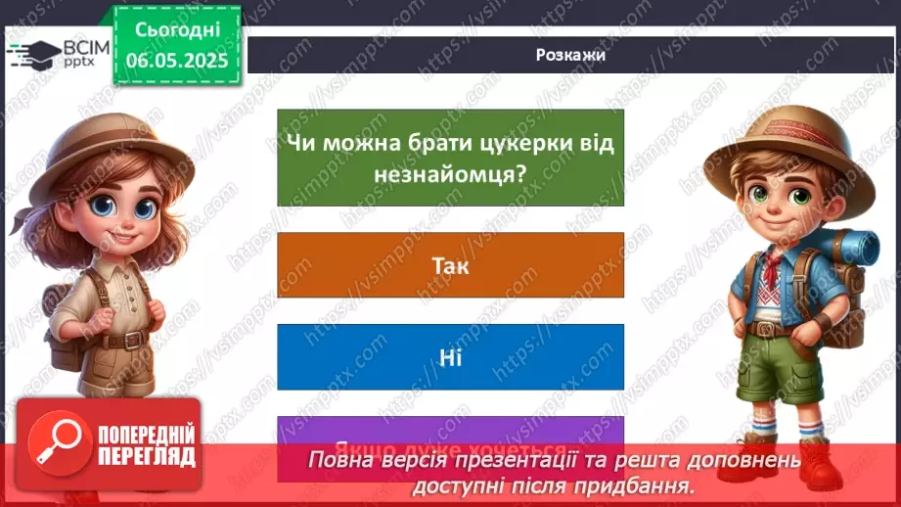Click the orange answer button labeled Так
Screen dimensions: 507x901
click(x=450, y=265)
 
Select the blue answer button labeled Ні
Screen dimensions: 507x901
click(x=450, y=357)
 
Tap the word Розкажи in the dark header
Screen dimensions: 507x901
click(x=570, y=55)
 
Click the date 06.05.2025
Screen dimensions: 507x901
click(x=177, y=60)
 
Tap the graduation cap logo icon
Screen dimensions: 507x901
click(x=32, y=53)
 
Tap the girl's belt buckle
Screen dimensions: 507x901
click(x=114, y=342)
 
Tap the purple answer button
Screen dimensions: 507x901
click(x=450, y=432)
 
